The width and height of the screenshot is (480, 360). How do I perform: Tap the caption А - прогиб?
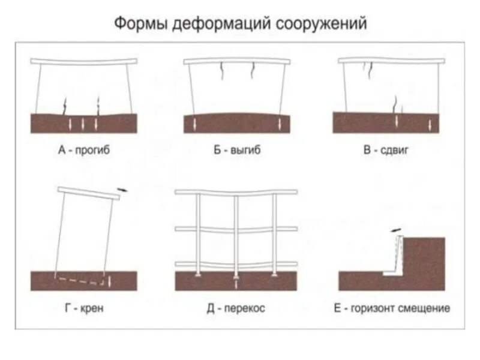(85, 151)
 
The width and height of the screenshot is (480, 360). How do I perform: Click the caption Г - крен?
(85, 309)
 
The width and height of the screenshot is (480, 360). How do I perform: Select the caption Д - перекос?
(236, 309)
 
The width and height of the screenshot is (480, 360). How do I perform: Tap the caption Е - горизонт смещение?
(392, 309)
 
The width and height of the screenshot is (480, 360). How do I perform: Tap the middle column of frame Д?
(236, 234)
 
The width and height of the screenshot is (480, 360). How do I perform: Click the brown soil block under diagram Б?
(236, 124)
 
